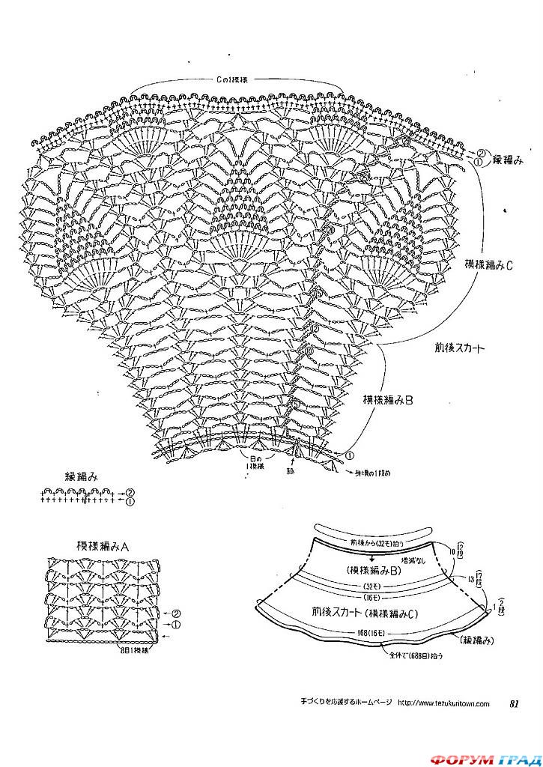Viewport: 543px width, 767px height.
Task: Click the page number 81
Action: point(514,703)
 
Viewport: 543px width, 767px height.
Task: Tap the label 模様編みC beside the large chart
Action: point(488,264)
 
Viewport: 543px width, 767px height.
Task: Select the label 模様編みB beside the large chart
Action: point(387,400)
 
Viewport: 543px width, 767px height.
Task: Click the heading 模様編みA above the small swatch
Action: point(103,546)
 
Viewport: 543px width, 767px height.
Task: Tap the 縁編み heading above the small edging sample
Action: point(82,476)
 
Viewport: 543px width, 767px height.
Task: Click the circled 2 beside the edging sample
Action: point(130,491)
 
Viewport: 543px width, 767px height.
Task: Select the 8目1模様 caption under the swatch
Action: point(131,650)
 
